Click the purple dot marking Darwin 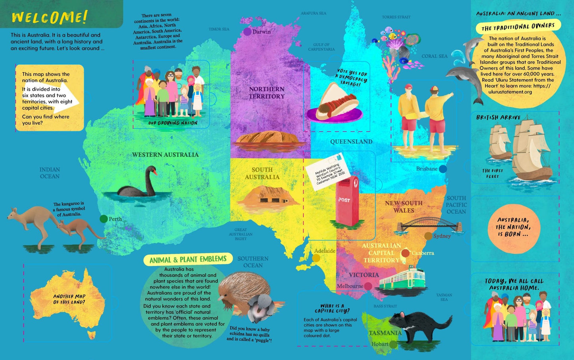(247, 32)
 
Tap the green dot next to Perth (104, 219)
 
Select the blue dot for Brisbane (443, 169)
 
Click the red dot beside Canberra (406, 253)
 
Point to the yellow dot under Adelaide (316, 258)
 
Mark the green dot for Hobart (393, 345)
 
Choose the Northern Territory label (267, 92)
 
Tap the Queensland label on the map (351, 142)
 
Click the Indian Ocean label (50, 173)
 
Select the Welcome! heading (49, 17)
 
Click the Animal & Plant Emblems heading (188, 260)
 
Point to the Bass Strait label (385, 306)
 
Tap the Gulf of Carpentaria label (321, 47)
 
